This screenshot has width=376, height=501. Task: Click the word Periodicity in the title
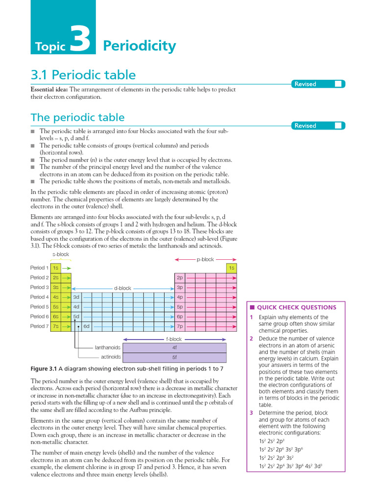coord(139,46)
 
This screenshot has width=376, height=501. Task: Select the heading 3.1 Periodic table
coord(83,75)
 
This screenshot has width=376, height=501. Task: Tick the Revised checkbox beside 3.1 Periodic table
coord(338,84)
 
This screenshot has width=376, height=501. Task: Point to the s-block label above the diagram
coord(61,255)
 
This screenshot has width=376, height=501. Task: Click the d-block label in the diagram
coord(122,288)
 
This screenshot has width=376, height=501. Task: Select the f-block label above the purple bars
coord(174,339)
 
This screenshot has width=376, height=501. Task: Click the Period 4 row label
coord(39,297)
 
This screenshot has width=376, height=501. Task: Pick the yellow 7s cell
coord(56,326)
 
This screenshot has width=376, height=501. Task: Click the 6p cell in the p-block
coord(180,317)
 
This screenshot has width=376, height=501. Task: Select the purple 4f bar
coord(174,347)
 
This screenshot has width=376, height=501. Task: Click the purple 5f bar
coord(174,357)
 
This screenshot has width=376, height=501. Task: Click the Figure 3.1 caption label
coord(44,368)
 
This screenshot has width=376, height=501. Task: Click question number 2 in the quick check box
coord(251,339)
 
